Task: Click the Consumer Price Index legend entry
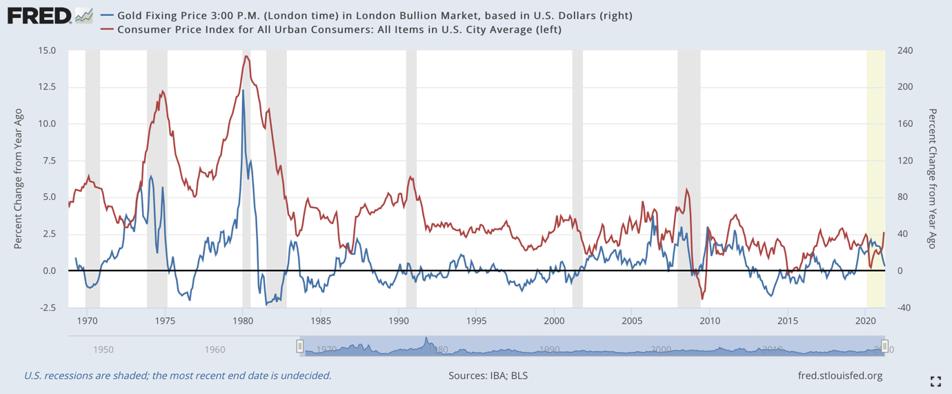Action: pyautogui.click(x=339, y=30)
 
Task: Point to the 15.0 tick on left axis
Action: pyautogui.click(x=48, y=50)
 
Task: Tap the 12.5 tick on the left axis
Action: pyautogui.click(x=48, y=87)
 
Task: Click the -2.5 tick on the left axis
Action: pyautogui.click(x=48, y=308)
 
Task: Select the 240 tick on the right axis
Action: pyautogui.click(x=904, y=50)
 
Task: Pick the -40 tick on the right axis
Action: pyautogui.click(x=902, y=308)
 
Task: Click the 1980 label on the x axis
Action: pyautogui.click(x=242, y=321)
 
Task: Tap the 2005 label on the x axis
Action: pyautogui.click(x=632, y=321)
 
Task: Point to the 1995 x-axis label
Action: pyautogui.click(x=476, y=321)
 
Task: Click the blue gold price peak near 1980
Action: pyautogui.click(x=243, y=90)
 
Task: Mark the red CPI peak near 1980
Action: pyautogui.click(x=246, y=57)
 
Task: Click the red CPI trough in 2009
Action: pyautogui.click(x=702, y=299)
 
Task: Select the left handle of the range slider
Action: pyautogui.click(x=300, y=346)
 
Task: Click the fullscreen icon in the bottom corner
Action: pyautogui.click(x=935, y=381)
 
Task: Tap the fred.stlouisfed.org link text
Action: pyautogui.click(x=839, y=376)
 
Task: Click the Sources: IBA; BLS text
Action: pyautogui.click(x=488, y=376)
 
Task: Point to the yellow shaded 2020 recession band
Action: pyautogui.click(x=875, y=179)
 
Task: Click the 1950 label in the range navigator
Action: pyautogui.click(x=103, y=350)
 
